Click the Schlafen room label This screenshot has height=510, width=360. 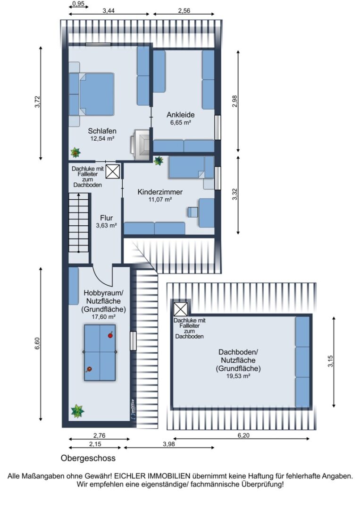102,131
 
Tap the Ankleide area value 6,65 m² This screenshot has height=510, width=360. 180,123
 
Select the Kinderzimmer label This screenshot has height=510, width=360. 160,192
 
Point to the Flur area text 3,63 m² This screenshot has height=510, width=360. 106,225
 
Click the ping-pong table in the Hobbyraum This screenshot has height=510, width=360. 100,353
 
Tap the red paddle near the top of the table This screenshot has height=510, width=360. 110,335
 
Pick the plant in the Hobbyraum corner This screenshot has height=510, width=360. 77,411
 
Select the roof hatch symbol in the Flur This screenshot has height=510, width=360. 113,171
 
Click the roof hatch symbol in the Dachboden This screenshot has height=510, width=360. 181,309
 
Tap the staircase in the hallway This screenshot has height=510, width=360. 79,223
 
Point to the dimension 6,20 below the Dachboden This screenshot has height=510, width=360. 243,435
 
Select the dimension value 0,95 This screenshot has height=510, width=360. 78,4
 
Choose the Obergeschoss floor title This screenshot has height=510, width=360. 88,458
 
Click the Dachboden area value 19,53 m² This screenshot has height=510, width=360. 238,376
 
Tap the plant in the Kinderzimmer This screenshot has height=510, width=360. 159,161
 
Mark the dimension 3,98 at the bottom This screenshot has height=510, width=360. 169,443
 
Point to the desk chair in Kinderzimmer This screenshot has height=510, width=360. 193,212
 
